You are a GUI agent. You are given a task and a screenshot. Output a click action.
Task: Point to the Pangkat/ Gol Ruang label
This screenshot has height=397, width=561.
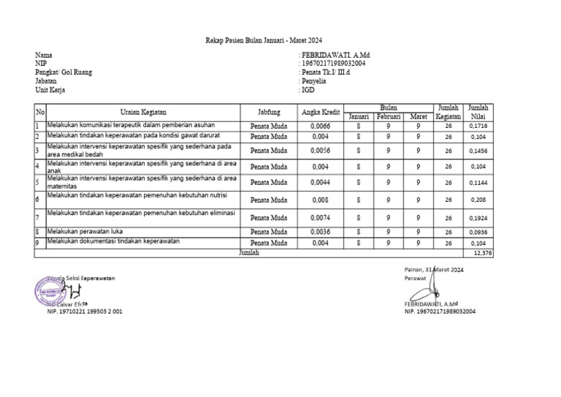[64, 72]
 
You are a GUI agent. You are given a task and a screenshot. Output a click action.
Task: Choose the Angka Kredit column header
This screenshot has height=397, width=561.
[321, 113]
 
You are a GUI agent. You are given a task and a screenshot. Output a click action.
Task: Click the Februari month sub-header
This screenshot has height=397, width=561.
[389, 117]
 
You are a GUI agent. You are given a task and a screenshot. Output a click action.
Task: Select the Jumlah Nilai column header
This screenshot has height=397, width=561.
[478, 113]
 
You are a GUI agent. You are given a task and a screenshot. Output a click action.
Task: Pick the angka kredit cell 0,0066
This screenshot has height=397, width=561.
[321, 126]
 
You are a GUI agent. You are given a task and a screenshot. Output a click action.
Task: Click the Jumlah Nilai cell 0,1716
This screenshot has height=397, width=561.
[478, 126]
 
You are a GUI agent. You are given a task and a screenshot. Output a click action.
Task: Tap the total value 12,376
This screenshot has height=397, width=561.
[483, 252]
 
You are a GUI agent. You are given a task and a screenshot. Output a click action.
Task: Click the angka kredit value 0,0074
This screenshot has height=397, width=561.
[321, 218]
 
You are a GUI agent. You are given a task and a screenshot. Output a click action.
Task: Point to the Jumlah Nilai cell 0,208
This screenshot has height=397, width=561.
[478, 199]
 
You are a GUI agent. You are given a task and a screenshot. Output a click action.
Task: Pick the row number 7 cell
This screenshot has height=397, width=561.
[38, 218]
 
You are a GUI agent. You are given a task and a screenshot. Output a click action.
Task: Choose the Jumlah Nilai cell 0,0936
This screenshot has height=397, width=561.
[478, 232]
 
